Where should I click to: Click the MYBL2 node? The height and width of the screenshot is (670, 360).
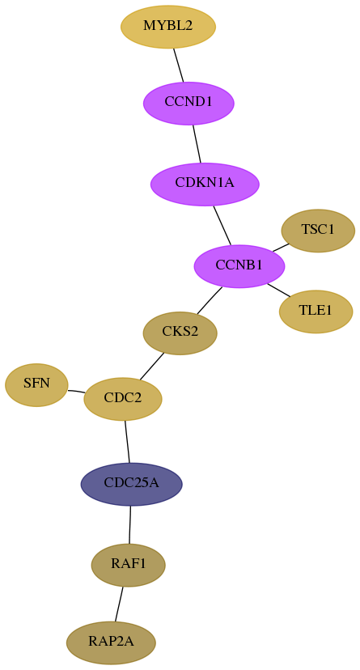168,27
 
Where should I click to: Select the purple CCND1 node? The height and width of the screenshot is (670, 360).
188,103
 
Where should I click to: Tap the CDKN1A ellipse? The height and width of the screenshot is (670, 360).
205,184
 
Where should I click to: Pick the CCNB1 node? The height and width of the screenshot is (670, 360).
239,265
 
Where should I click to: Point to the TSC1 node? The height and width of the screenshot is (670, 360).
318,231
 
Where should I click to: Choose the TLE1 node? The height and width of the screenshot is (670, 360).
316,311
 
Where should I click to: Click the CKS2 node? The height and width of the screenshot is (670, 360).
180,333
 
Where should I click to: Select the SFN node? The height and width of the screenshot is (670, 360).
36,384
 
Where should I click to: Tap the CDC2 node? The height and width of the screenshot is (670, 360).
123,399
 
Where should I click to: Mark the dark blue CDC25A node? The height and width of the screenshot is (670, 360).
132,484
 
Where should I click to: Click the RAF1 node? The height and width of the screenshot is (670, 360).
128,565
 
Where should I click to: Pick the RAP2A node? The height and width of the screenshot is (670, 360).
111,642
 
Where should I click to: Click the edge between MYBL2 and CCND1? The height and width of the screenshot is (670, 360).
179,65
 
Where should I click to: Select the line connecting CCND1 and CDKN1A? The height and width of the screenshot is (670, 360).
197,143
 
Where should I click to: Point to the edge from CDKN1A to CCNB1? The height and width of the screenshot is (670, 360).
222,225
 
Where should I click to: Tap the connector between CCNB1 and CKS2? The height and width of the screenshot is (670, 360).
210,300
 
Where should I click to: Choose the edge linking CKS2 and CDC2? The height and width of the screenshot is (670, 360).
151,366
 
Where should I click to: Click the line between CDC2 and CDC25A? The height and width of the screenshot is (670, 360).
127,441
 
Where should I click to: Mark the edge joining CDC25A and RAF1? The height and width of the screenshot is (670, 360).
129,524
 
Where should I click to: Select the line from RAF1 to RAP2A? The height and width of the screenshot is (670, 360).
119,604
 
